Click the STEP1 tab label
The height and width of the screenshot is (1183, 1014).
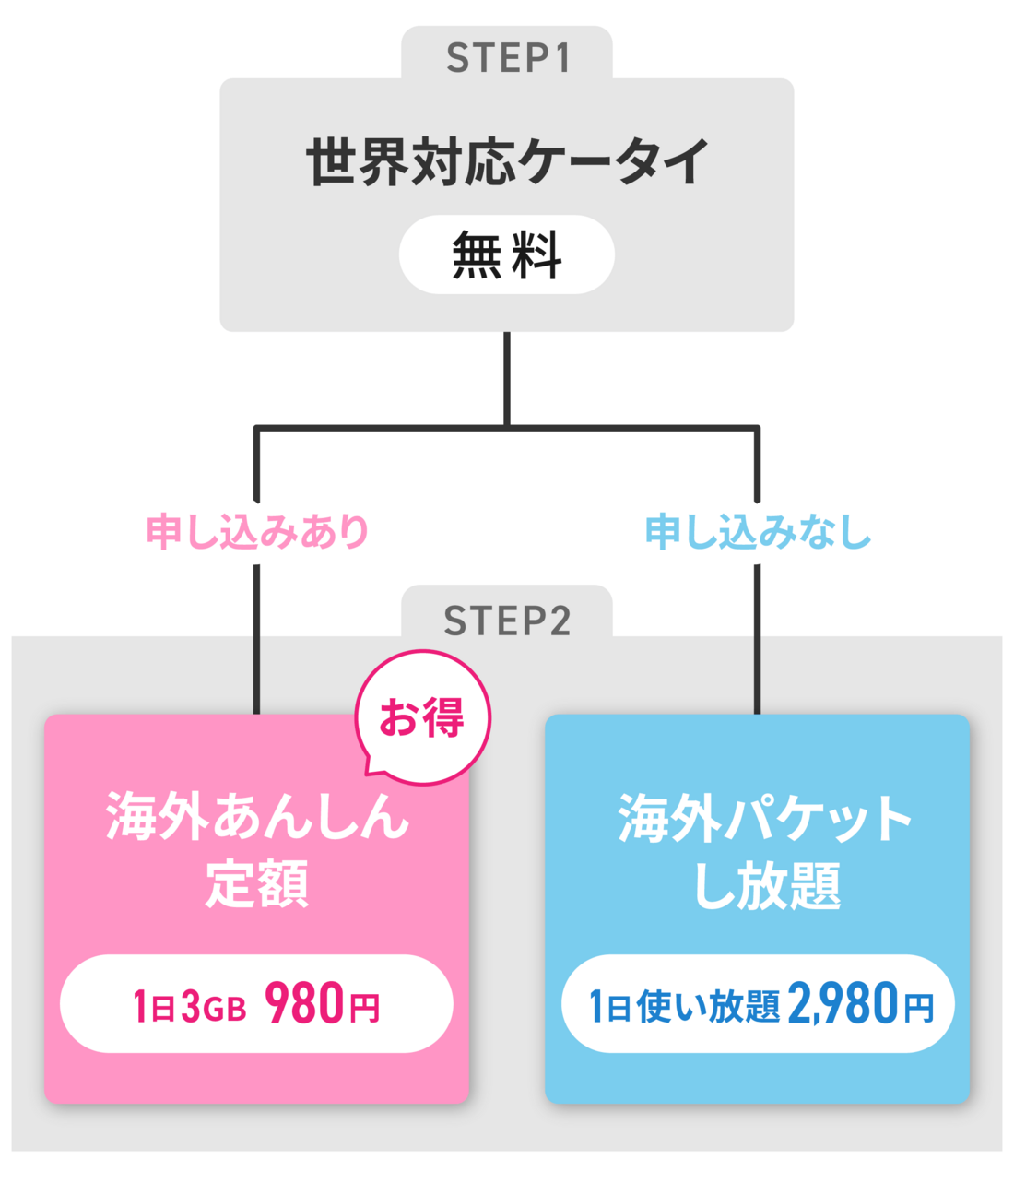pyautogui.click(x=507, y=58)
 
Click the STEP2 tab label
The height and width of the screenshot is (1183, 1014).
pyautogui.click(x=507, y=621)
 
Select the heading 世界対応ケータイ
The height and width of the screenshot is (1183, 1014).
pyautogui.click(x=507, y=161)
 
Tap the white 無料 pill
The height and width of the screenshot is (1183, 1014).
pyautogui.click(x=507, y=254)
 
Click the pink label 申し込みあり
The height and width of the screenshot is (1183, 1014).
pyautogui.click(x=257, y=532)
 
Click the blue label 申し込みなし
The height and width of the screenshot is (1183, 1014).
pyautogui.click(x=758, y=532)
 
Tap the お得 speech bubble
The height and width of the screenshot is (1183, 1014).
pyautogui.click(x=423, y=717)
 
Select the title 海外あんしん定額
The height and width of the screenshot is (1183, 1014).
pyautogui.click(x=257, y=849)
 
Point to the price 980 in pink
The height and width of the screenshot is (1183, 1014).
pyautogui.click(x=304, y=1004)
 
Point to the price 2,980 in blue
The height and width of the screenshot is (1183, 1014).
pyautogui.click(x=843, y=1005)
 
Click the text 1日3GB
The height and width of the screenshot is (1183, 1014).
pyautogui.click(x=190, y=1007)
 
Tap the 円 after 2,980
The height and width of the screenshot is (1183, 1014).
pyautogui.click(x=918, y=1008)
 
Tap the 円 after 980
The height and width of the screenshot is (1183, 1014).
pyautogui.click(x=364, y=1008)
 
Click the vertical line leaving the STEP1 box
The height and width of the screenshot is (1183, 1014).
pyautogui.click(x=507, y=378)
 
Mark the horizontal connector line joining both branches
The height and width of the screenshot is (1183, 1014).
pyautogui.click(x=387, y=427)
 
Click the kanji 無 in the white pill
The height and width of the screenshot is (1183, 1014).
pyautogui.click(x=476, y=254)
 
